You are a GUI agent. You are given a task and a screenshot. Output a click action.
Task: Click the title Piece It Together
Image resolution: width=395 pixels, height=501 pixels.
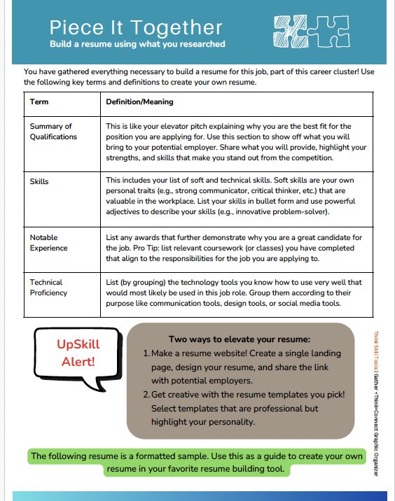tap(136, 28)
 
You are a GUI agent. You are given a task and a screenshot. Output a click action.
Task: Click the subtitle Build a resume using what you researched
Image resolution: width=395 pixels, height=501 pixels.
tap(137, 44)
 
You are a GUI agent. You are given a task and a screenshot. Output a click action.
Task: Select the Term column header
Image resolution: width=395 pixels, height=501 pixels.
tap(39, 101)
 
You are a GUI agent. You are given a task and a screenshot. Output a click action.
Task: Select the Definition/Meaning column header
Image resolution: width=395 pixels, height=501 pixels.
tap(139, 101)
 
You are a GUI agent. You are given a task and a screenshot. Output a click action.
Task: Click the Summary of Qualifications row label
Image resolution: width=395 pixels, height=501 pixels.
tap(53, 132)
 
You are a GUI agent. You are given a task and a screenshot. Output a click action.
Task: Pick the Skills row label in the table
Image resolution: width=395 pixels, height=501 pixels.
tap(40, 181)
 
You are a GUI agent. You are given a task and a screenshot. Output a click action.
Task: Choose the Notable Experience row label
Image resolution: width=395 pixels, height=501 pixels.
tap(49, 243)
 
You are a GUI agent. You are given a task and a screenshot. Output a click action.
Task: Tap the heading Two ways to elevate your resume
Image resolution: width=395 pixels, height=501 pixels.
tap(240, 338)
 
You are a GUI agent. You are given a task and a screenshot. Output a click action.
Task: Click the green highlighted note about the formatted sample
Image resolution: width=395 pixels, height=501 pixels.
tap(197, 463)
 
